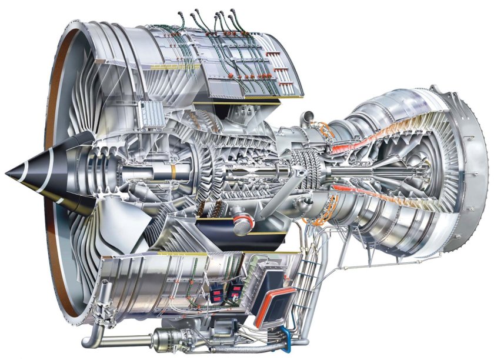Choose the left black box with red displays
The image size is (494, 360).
pos(216,294)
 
